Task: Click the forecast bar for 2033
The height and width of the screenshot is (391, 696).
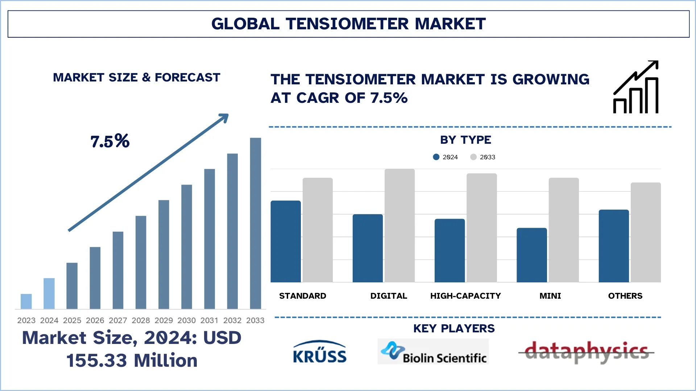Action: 255,223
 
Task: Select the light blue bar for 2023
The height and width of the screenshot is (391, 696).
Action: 26,301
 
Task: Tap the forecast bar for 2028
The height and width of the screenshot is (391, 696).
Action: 141,262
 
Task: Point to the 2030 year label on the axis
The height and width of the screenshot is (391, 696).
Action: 186,320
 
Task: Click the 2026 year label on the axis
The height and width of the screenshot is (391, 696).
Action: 95,320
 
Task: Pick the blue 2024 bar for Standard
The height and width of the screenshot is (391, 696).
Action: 286,241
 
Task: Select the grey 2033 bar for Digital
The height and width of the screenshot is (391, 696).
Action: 399,225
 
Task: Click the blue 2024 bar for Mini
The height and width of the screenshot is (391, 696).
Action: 531,255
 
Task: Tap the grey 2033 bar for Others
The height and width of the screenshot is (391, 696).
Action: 646,232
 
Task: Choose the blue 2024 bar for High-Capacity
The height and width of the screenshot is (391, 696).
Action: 449,251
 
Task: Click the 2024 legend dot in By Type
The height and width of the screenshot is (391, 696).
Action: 436,157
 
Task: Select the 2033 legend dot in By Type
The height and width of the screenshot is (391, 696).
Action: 473,157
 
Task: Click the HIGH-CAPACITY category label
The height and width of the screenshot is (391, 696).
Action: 465,296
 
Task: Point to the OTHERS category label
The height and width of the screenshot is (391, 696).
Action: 625,296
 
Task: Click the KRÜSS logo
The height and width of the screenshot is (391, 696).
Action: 319,352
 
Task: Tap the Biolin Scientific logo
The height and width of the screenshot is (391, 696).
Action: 433,352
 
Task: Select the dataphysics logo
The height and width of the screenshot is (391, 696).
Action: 586,352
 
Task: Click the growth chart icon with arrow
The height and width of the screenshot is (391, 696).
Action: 636,87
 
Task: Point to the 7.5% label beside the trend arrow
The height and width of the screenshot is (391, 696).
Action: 110,141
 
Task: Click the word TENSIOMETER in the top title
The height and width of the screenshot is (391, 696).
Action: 347,24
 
